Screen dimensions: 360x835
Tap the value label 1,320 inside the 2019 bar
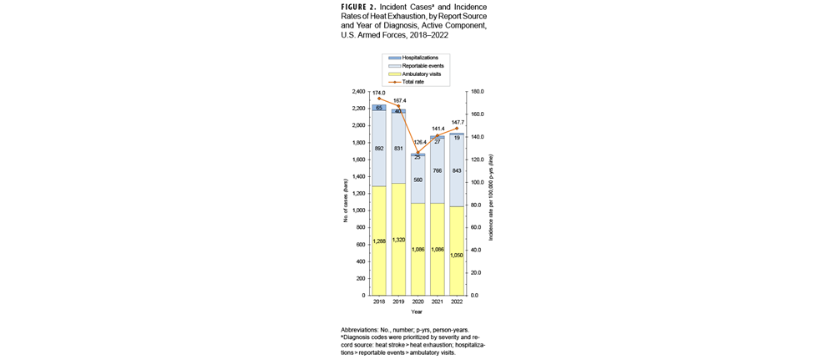click(x=398, y=241)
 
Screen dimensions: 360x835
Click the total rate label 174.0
click(x=380, y=93)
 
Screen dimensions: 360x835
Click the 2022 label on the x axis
click(x=456, y=303)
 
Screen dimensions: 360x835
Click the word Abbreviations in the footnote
click(x=363, y=330)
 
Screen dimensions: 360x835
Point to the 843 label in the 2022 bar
click(x=456, y=170)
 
